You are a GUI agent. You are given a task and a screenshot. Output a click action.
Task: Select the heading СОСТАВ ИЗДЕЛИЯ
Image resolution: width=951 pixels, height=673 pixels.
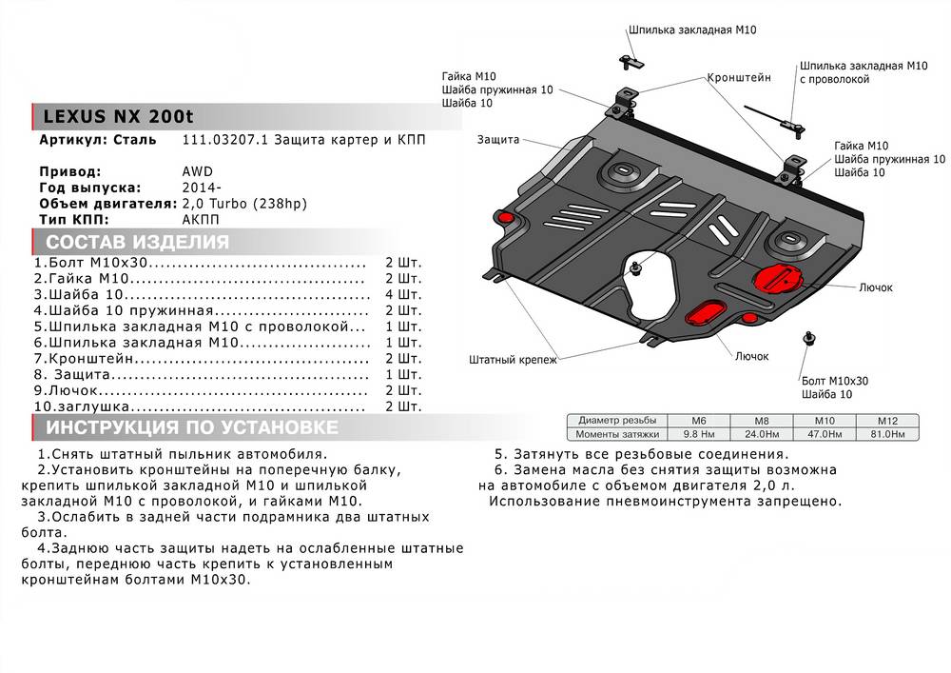137,242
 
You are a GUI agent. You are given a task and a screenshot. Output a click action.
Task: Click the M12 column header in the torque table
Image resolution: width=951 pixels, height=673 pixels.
887,420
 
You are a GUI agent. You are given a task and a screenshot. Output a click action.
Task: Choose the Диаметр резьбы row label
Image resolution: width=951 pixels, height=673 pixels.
615,420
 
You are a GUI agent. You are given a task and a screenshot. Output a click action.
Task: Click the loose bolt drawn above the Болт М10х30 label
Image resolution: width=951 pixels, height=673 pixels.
808,338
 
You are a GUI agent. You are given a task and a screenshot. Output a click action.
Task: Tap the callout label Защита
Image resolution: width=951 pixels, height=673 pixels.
499,140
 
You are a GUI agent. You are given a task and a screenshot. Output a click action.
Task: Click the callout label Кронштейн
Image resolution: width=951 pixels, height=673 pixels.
739,77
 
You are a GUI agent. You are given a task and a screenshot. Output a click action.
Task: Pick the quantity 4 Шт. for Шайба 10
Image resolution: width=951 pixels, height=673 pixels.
403,295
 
